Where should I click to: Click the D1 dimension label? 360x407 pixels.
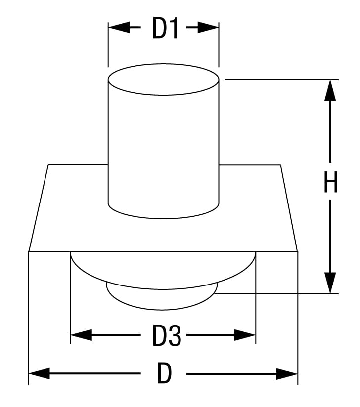[165, 29]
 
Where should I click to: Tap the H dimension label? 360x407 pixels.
[331, 184]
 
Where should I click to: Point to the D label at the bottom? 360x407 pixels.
[164, 374]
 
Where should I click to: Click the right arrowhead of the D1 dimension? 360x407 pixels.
[210, 28]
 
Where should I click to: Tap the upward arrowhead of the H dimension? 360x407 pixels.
[330, 89]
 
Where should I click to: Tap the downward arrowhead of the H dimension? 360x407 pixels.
[330, 284]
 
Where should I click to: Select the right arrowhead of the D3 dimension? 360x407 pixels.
[245, 336]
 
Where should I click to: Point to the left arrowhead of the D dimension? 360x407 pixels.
[39, 373]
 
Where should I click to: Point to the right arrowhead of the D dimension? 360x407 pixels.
[288, 373]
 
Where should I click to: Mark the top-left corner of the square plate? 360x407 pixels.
[48, 165]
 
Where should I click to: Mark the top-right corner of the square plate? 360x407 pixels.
[280, 165]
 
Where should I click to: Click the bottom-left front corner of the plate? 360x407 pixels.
[29, 252]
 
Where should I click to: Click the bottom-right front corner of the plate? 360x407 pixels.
[298, 252]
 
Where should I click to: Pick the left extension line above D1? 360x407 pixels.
[108, 44]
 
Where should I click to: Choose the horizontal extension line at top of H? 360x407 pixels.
[282, 79]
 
